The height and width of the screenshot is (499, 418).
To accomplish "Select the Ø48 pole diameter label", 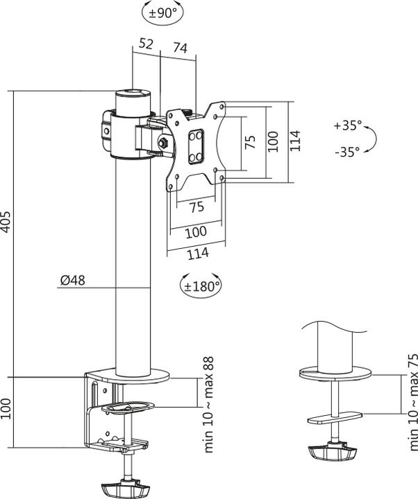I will click(72, 280).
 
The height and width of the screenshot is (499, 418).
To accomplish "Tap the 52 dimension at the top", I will click(146, 44).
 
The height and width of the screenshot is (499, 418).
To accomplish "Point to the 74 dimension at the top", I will click(180, 48).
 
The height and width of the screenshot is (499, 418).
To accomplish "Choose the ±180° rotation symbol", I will click(201, 284).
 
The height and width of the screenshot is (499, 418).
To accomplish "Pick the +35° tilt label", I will click(347, 125).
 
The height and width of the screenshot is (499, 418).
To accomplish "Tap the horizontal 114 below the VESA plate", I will click(198, 253).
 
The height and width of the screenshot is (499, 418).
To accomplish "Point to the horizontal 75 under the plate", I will click(197, 207).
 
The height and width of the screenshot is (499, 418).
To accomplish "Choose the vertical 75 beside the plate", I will click(251, 141).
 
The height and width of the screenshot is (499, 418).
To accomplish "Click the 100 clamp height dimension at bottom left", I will click(7, 410).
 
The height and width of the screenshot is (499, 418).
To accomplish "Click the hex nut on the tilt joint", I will click(163, 143).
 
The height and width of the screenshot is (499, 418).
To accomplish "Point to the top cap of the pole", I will click(132, 91).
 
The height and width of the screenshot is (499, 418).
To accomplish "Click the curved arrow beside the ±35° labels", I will click(373, 139).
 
